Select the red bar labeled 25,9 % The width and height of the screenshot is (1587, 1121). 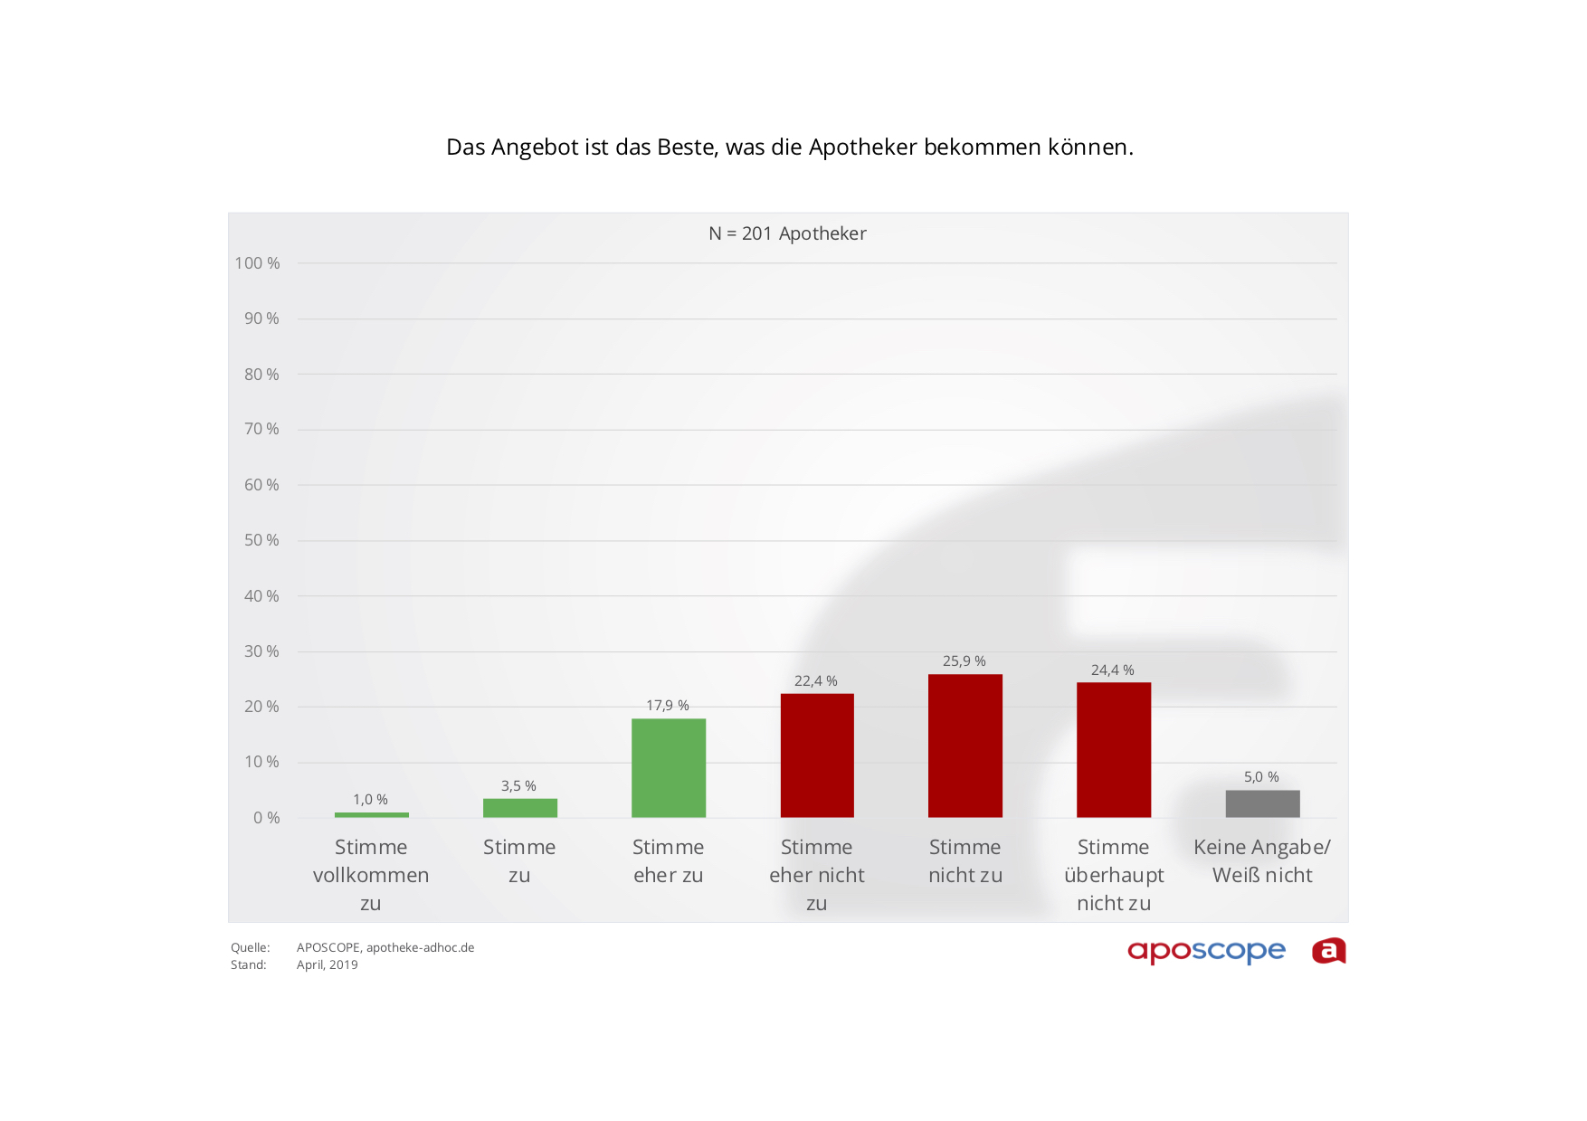(965, 746)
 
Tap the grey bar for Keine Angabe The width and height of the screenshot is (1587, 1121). (1262, 803)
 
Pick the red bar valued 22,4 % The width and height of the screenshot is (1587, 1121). (816, 755)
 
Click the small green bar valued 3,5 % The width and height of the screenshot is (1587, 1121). (519, 808)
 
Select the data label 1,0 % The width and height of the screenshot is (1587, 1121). (370, 800)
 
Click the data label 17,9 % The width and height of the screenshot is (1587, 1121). (668, 706)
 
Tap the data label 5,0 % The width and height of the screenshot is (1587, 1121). (1261, 777)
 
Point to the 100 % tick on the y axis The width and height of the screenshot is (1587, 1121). (257, 263)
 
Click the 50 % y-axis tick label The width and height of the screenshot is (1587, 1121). (261, 540)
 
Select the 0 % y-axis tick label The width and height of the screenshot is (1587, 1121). (266, 818)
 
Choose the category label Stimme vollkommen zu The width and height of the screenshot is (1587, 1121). (371, 875)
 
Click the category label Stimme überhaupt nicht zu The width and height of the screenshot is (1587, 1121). (1114, 875)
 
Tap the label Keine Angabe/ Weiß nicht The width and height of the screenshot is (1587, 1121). (1262, 861)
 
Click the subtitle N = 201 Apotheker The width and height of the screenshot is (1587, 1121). (787, 233)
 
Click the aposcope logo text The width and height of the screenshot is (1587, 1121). (1206, 951)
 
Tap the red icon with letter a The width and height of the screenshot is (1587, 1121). (1328, 951)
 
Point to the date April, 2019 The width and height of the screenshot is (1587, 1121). (328, 965)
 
